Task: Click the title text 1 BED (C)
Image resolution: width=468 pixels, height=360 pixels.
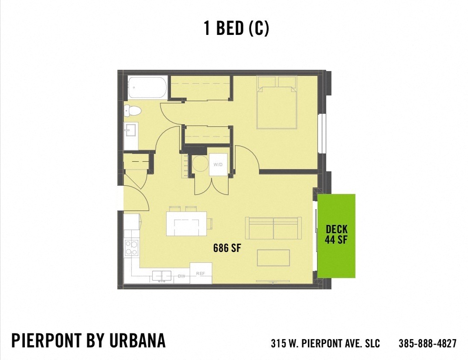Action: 236,29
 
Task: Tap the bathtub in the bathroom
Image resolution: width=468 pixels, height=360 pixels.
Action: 147,88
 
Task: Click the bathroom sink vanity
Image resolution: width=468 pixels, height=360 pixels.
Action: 130,130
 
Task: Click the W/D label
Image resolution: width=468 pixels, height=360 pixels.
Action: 218,165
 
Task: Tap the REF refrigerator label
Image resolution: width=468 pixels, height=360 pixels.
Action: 201,273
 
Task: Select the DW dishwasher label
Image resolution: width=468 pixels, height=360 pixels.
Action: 181,276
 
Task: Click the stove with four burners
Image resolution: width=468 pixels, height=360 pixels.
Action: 131,248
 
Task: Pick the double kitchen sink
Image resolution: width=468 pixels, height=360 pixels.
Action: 161,276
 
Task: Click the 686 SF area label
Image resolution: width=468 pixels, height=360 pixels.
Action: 227,248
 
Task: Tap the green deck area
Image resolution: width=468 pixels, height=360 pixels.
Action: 336,235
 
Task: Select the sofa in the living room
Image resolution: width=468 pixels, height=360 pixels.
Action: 273,228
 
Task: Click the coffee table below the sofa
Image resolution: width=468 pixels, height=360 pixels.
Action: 273,257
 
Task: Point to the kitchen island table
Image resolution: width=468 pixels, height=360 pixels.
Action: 186,224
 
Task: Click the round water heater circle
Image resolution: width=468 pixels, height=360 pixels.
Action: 201,164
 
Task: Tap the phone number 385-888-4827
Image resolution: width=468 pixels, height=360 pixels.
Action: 427,343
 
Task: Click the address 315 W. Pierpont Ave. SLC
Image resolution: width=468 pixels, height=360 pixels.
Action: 325,343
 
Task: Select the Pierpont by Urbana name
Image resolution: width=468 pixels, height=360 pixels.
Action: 89,340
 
